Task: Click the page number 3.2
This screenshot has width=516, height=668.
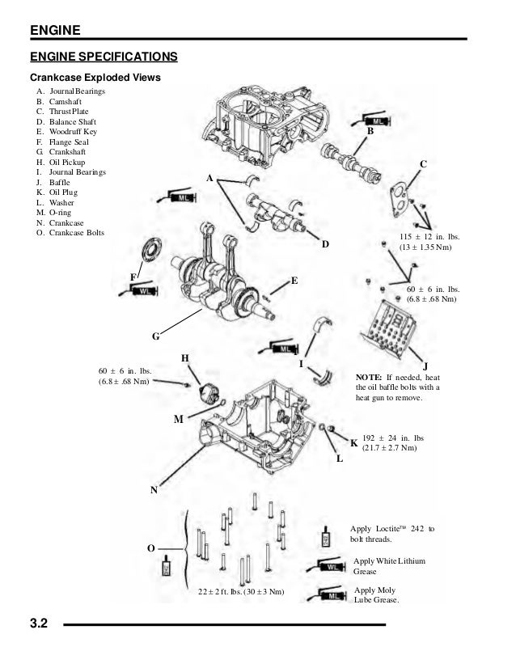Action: tap(40, 624)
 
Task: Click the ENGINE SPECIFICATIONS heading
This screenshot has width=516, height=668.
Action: tap(104, 57)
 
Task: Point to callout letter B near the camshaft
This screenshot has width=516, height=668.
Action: tap(370, 131)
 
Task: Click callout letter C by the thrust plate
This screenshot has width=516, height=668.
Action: tap(422, 164)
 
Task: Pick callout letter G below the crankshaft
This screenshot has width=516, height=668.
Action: tap(155, 336)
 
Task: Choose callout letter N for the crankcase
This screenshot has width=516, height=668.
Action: tap(153, 490)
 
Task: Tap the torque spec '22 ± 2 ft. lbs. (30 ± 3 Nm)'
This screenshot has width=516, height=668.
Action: tap(241, 592)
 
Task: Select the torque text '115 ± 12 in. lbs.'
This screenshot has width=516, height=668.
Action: tap(428, 236)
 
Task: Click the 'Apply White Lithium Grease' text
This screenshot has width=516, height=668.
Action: tap(388, 565)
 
